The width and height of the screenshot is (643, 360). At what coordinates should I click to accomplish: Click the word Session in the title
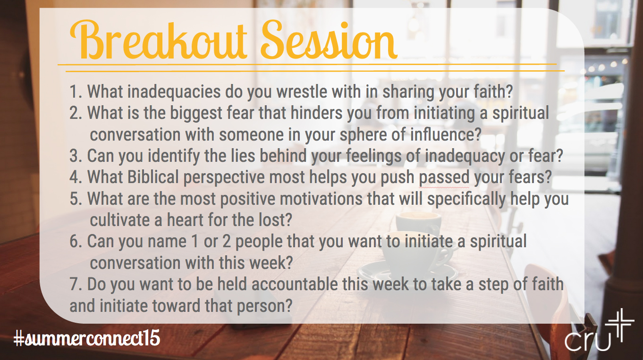(329, 40)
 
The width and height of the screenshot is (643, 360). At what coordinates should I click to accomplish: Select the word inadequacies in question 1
(174, 92)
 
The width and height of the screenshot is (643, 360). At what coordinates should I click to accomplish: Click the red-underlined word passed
(444, 178)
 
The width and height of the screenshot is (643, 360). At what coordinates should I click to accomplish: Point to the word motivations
(321, 199)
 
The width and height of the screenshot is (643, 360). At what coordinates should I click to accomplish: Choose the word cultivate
(120, 220)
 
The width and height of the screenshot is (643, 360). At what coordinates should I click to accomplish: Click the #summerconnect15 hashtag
(87, 338)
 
